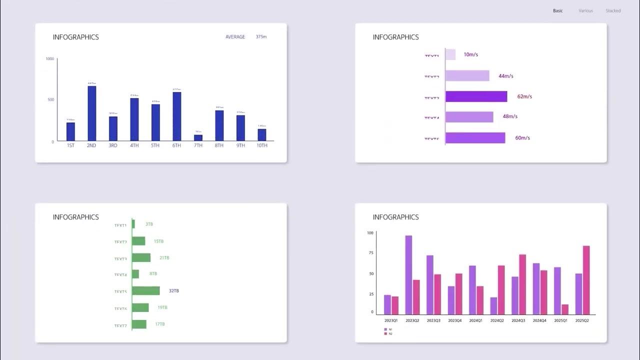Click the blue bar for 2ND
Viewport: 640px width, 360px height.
coord(91,113)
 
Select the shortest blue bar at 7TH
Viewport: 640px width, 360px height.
coord(198,138)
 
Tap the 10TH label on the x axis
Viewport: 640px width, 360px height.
coord(262,145)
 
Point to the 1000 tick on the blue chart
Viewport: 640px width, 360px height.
coord(50,59)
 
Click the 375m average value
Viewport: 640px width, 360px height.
coord(261,37)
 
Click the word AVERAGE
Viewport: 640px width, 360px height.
coord(235,37)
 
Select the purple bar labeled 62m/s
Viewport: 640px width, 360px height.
coord(476,96)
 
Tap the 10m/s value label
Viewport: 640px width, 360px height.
coord(471,54)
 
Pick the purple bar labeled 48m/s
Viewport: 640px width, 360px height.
coord(469,117)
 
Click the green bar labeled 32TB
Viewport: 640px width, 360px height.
coord(146,290)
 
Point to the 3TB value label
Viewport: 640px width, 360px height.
coord(149,224)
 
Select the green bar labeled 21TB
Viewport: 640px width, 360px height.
coord(141,257)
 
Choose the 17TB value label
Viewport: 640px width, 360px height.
coord(160,324)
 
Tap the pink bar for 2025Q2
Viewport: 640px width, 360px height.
coord(586,280)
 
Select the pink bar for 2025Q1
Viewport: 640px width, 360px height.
coord(565,309)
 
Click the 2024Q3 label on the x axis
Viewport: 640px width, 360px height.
coord(518,320)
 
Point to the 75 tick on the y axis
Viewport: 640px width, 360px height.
coord(370,253)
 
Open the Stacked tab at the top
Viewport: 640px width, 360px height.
coord(613,10)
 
